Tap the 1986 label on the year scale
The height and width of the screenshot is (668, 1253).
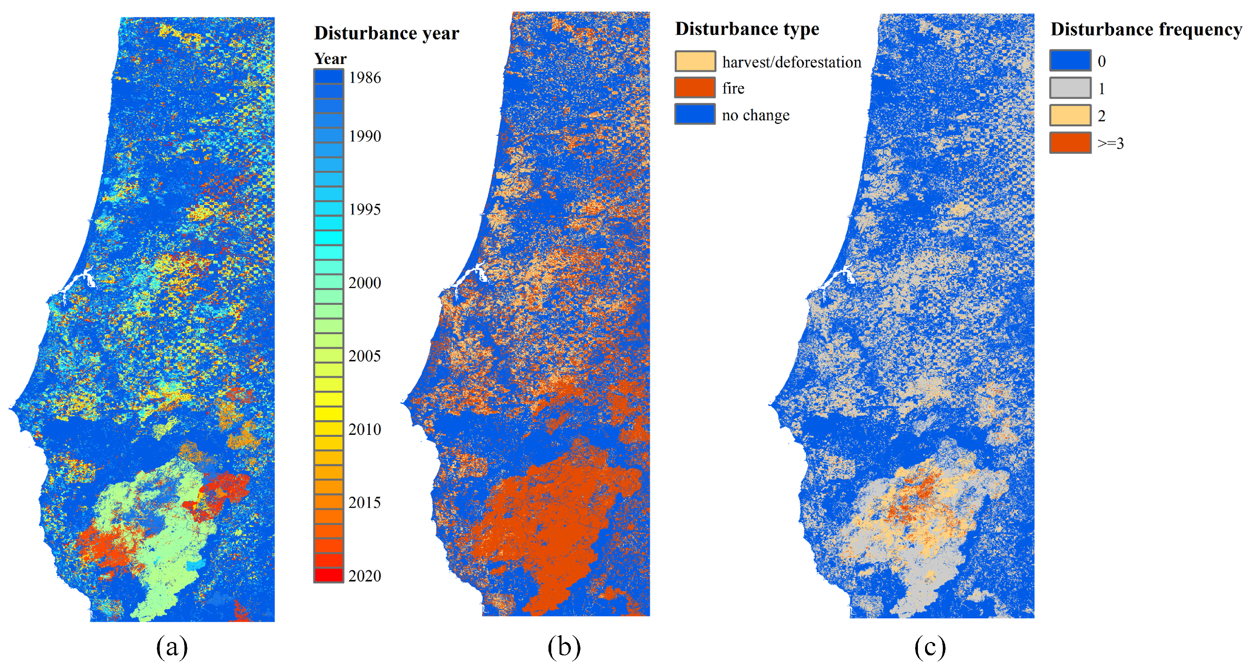pos(364,77)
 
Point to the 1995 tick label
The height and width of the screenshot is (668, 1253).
pos(364,209)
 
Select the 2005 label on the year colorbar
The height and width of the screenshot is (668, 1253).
pos(364,356)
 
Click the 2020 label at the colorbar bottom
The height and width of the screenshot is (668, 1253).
pos(364,576)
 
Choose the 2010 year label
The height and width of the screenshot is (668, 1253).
pos(364,429)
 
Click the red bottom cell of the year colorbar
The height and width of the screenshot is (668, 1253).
pos(328,575)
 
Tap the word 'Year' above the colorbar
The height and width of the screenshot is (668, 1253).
pos(330,59)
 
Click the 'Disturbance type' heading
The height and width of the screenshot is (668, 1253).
pos(747,29)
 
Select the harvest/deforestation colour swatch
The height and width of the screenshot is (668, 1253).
pos(695,61)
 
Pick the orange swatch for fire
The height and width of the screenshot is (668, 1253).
pos(695,88)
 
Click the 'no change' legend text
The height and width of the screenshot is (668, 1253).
pos(756,115)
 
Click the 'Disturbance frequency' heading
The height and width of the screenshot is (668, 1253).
pos(1146,29)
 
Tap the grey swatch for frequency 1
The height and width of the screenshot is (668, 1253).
pos(1070,88)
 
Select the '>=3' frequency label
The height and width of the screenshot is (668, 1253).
pos(1110,143)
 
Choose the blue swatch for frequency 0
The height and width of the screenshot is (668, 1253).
pos(1070,61)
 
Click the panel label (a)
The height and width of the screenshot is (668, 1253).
pos(172,647)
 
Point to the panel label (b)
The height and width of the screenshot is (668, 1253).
pos(564,647)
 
